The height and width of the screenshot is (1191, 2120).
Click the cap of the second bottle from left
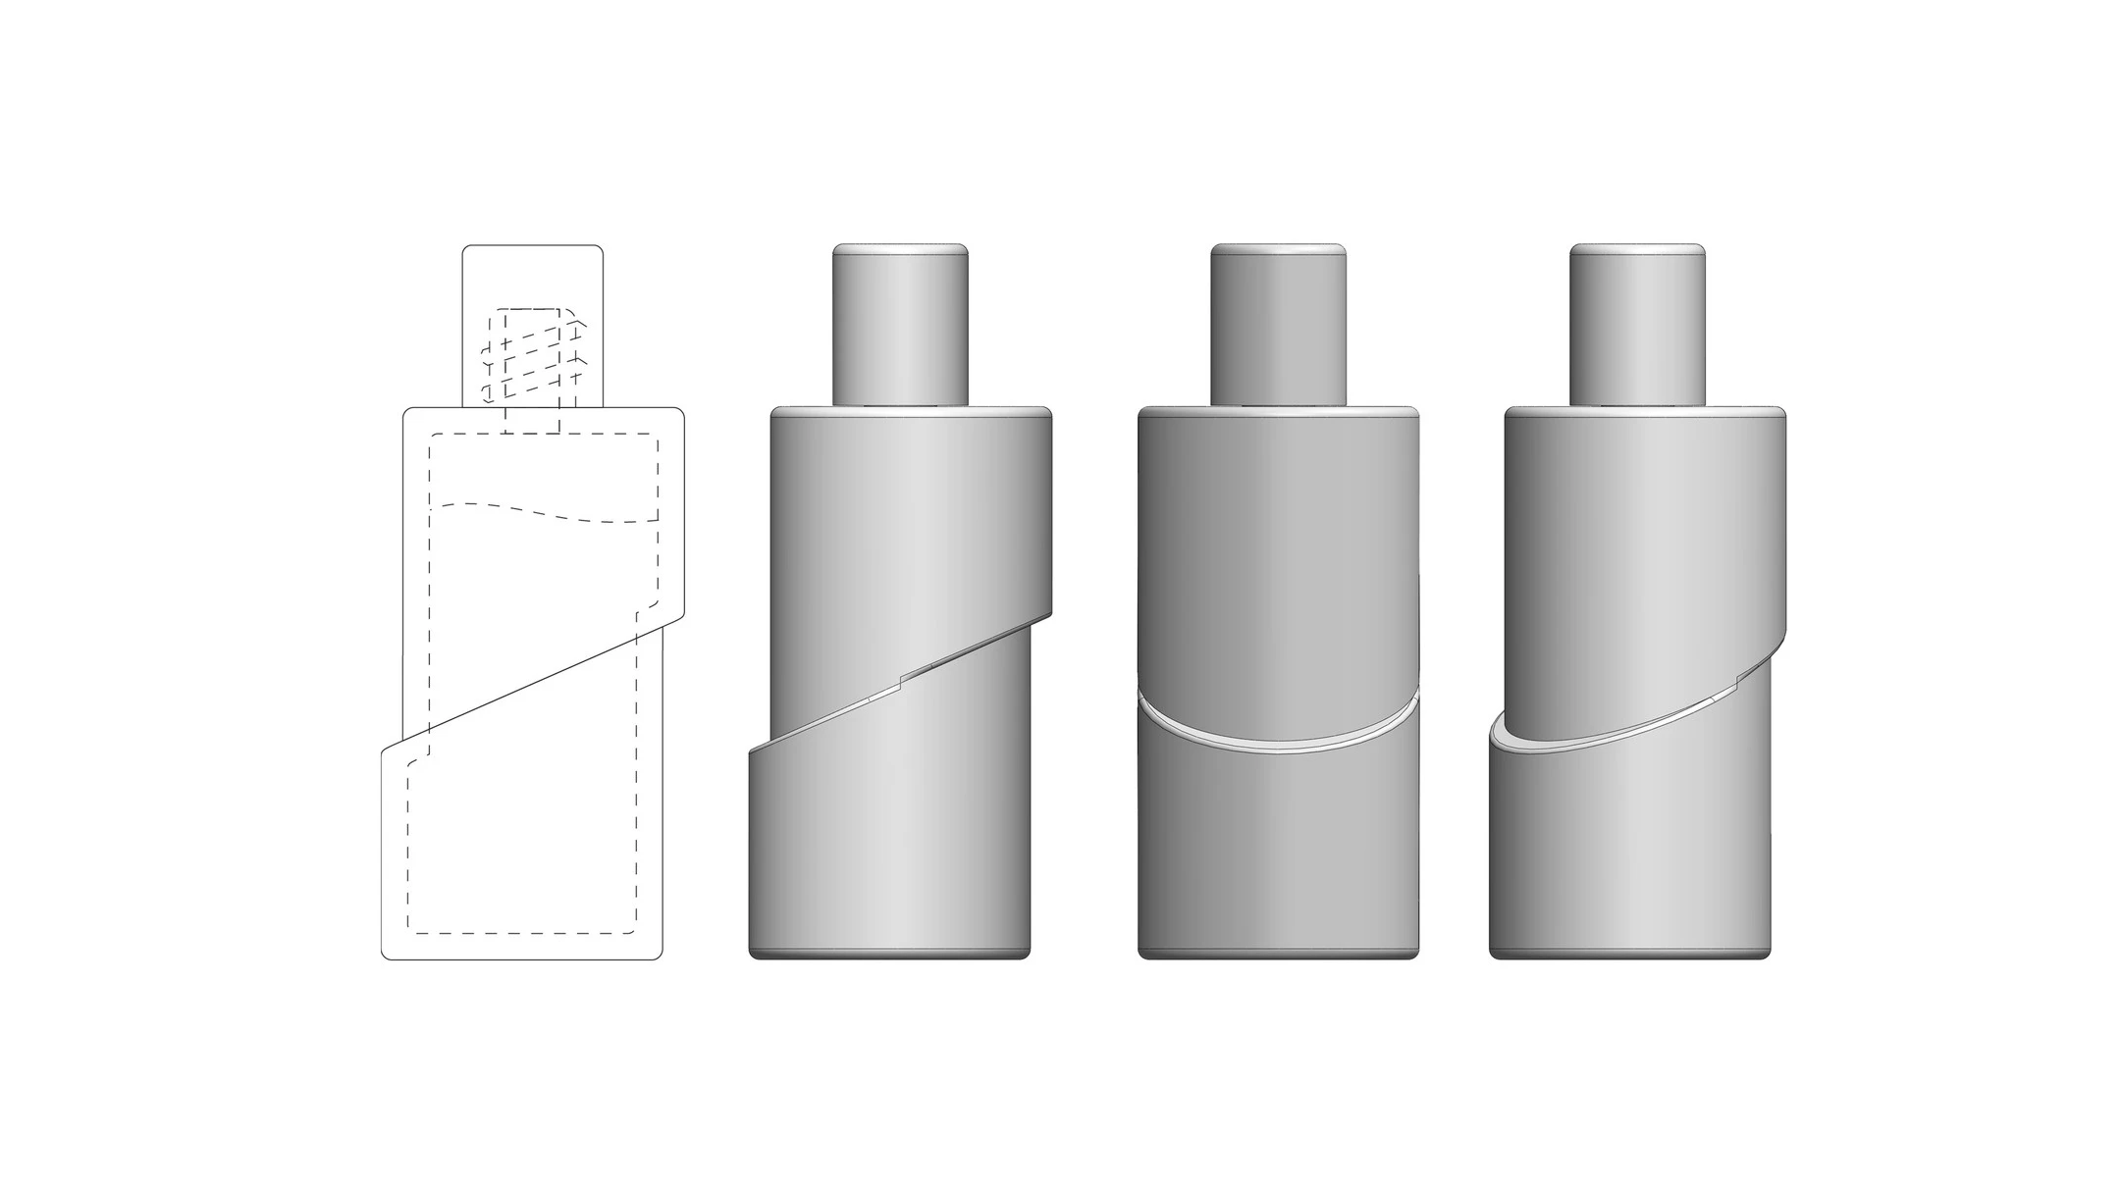[900, 324]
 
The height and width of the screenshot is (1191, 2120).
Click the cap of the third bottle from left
[1278, 324]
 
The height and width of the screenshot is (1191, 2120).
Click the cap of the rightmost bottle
[1637, 324]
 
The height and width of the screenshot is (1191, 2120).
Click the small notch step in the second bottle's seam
[901, 675]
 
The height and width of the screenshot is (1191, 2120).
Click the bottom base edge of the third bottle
[1278, 954]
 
